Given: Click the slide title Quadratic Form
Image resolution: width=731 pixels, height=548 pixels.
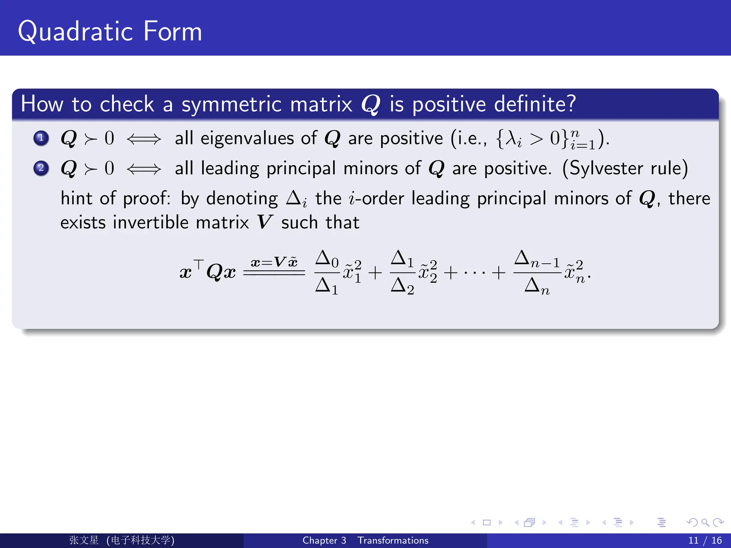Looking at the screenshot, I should click(110, 31).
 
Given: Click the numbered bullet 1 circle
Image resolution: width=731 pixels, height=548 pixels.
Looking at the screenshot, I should click(41, 138).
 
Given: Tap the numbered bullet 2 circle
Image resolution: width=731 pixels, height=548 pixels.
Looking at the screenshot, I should click(41, 168).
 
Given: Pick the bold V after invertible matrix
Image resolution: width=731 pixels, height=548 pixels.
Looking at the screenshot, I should click(265, 222).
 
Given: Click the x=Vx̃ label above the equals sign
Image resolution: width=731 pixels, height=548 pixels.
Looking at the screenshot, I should click(274, 263).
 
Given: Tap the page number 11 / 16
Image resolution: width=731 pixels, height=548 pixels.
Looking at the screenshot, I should click(705, 541).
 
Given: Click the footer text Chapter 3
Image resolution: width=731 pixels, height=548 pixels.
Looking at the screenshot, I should click(324, 541).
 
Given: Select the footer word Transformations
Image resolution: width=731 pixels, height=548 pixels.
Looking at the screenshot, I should click(393, 541).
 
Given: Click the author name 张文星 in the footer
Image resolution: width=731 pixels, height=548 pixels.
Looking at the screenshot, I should click(84, 540).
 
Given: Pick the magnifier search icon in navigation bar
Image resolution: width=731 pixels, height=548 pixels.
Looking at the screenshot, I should click(705, 523).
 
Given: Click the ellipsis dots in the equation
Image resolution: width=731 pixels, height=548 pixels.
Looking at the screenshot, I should click(475, 273).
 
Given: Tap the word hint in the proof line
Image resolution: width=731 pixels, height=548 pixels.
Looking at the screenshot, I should click(77, 198).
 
